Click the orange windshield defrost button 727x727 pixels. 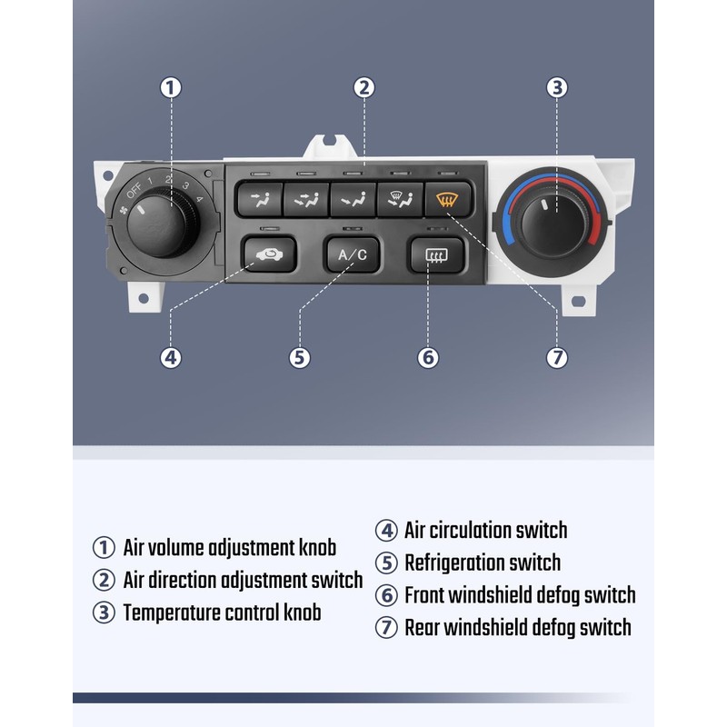pyautogui.click(x=446, y=198)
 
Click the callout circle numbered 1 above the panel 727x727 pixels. pyautogui.click(x=171, y=88)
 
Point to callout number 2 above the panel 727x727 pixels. pyautogui.click(x=363, y=88)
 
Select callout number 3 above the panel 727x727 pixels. pyautogui.click(x=557, y=88)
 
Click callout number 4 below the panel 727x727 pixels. pyautogui.click(x=171, y=357)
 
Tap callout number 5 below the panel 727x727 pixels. pyautogui.click(x=300, y=357)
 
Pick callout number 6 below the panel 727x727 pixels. pyautogui.click(x=428, y=357)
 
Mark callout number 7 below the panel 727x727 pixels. pyautogui.click(x=557, y=357)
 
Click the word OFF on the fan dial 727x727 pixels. pyautogui.click(x=134, y=191)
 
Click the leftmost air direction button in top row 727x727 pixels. pyautogui.click(x=257, y=198)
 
